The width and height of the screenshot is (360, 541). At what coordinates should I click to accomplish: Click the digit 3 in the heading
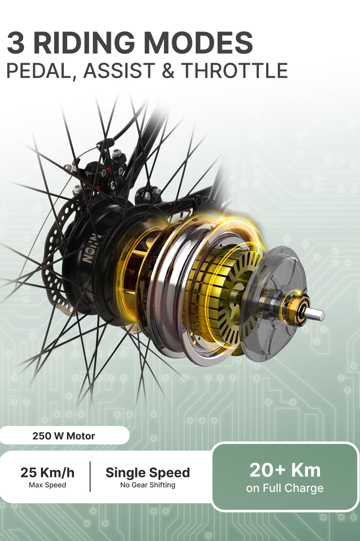15,43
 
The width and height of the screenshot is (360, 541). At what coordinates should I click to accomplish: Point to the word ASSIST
119,70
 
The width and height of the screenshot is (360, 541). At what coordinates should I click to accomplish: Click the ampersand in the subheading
168,70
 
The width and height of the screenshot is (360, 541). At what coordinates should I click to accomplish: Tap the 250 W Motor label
64,436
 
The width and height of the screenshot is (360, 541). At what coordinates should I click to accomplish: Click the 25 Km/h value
48,473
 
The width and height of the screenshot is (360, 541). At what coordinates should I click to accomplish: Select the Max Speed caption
47,485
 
